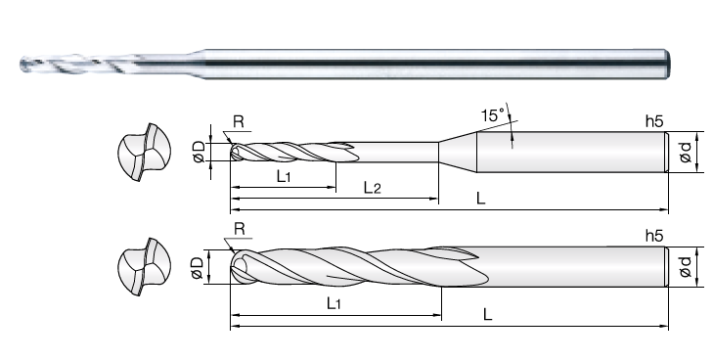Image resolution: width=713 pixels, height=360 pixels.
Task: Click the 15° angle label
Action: [x=493, y=115]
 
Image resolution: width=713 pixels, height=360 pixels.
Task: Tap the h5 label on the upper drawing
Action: [x=654, y=121]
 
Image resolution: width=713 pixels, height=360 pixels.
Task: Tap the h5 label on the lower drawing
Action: [x=654, y=236]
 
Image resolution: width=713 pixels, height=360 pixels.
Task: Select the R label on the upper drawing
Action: [x=239, y=121]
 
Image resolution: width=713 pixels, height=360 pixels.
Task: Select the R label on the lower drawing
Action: [x=240, y=229]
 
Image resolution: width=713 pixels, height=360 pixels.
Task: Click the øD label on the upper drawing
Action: [x=199, y=152]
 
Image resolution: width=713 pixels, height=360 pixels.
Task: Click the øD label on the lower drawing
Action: [x=197, y=268]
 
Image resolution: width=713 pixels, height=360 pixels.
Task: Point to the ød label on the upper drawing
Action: [x=686, y=152]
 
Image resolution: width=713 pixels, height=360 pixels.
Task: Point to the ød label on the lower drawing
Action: [x=686, y=267]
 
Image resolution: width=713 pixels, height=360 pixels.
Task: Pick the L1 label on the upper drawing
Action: [x=284, y=176]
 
